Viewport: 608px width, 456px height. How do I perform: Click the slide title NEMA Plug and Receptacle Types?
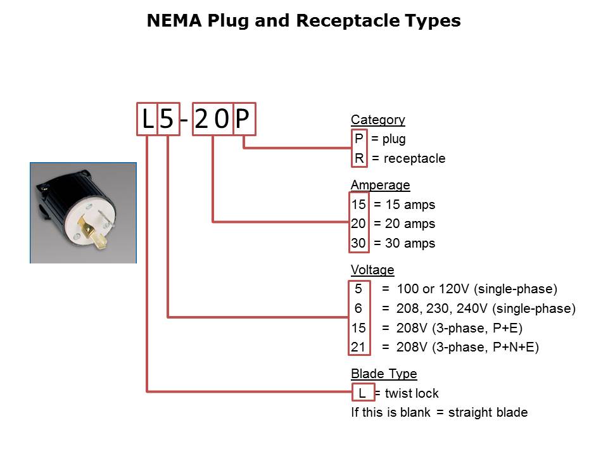[303, 21]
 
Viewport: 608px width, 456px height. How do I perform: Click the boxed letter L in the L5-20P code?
[147, 119]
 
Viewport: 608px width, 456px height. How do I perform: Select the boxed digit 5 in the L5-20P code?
[167, 119]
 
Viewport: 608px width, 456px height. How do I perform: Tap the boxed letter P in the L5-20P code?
[244, 119]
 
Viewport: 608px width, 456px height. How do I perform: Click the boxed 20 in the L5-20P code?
[212, 119]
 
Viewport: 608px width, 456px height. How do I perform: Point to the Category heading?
[377, 120]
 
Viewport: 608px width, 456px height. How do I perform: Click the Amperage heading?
[380, 185]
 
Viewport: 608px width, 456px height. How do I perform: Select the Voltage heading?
[372, 270]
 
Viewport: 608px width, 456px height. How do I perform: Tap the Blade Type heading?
[384, 374]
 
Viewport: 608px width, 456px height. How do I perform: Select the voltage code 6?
[358, 308]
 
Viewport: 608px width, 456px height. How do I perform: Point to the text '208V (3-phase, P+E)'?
[459, 328]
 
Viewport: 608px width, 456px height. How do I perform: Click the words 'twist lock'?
[411, 393]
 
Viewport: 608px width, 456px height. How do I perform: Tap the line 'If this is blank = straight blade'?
[439, 412]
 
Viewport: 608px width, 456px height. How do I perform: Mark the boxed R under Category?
[359, 158]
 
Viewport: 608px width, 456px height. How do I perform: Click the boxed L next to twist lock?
[362, 393]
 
